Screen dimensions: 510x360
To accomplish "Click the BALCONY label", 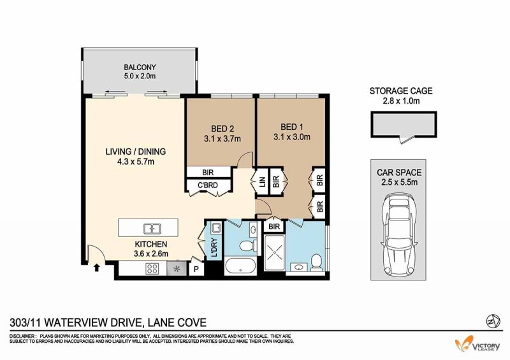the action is tap(140, 68).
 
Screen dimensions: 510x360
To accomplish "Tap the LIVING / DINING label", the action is tap(136, 152).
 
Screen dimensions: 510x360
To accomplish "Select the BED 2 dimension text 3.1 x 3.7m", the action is tap(222, 139).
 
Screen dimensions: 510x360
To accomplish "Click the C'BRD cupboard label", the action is tap(208, 185).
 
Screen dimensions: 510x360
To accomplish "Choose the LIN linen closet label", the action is tap(263, 181).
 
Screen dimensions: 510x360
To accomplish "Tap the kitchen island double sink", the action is tap(152, 229).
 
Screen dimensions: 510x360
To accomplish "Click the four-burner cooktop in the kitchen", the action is tap(152, 269).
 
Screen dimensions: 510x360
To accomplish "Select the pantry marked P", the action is tap(196, 270).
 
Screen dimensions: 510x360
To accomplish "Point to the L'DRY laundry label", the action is tap(215, 247).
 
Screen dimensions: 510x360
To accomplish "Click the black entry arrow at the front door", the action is tap(97, 268).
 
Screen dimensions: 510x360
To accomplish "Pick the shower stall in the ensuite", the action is tap(275, 253).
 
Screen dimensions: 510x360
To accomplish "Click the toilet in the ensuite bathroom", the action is tap(316, 263).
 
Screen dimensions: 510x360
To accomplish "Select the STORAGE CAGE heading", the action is tap(401, 90).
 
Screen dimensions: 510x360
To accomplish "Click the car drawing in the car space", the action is tap(399, 234).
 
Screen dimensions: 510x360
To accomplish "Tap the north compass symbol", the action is tap(491, 322).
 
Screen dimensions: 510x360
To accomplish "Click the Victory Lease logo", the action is tap(477, 343).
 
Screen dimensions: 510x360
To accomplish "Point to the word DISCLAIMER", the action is tap(22, 336).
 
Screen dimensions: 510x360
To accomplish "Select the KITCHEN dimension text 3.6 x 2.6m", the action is tap(151, 254).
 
